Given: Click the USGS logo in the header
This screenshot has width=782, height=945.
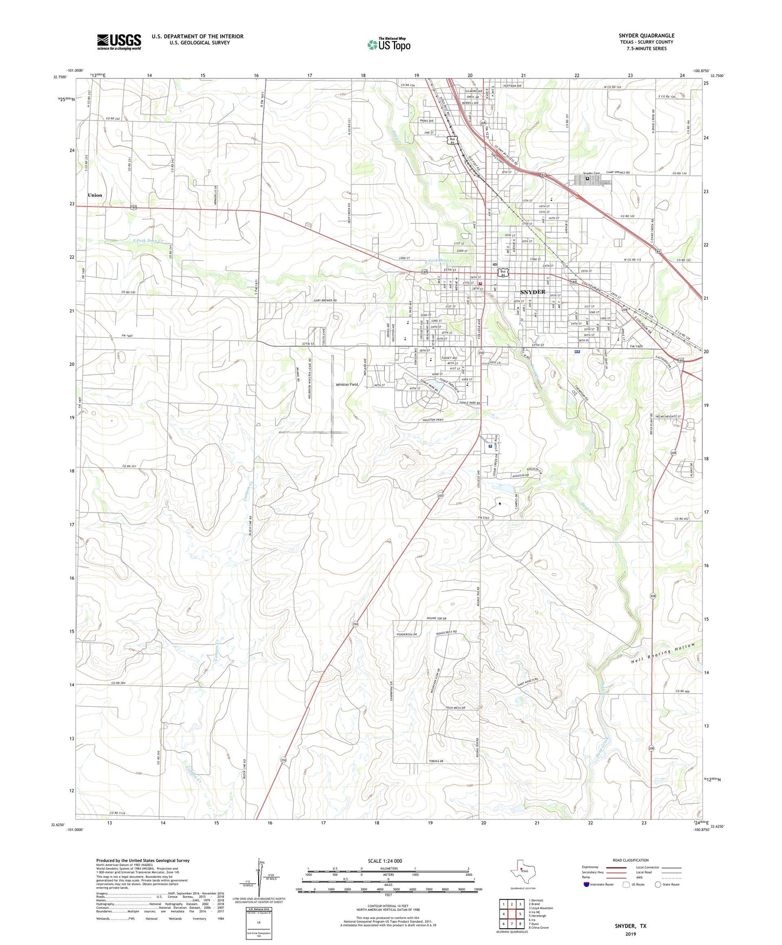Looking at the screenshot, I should (119, 41).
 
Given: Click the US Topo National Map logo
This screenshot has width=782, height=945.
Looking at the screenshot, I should (389, 44).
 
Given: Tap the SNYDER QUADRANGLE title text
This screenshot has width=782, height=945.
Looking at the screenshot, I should (646, 36).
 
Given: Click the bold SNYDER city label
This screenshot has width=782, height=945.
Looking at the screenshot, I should (533, 292).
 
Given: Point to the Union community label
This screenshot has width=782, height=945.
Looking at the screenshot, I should (95, 195).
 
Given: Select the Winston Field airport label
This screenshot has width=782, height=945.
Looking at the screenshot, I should (347, 385).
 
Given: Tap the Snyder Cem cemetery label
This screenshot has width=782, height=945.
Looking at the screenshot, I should (592, 173).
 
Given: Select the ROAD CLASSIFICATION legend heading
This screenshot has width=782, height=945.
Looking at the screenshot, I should (630, 860).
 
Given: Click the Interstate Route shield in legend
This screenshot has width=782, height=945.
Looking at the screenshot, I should (586, 884).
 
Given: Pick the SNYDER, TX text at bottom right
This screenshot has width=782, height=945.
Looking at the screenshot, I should (630, 926).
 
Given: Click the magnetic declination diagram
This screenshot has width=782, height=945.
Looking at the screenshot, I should (262, 880).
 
